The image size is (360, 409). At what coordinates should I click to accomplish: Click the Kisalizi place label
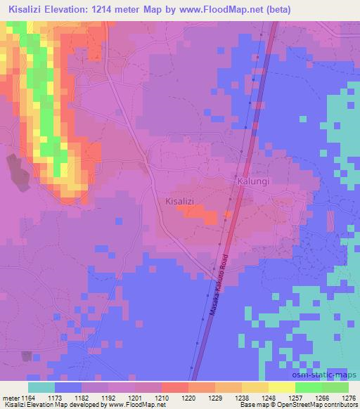[179, 201]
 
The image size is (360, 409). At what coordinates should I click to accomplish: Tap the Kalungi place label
[253, 181]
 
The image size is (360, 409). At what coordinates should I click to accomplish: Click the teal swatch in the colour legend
[41, 387]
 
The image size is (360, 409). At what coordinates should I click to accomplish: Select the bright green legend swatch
[309, 387]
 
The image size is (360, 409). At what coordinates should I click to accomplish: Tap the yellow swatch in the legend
[282, 387]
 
